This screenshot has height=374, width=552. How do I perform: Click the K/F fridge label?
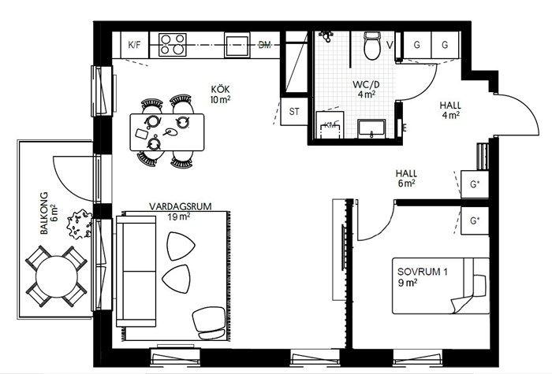(134, 45)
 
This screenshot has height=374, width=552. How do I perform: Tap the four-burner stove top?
(172, 45)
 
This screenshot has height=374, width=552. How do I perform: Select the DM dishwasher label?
(265, 45)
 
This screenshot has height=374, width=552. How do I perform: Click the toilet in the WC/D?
(372, 46)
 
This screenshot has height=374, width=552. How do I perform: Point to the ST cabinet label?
(294, 112)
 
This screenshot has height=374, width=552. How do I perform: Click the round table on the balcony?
(56, 276)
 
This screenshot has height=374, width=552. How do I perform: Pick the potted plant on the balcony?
(79, 224)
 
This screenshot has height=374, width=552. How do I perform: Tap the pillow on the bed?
(479, 285)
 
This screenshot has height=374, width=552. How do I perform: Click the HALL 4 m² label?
(450, 109)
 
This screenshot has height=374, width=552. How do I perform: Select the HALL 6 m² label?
(406, 178)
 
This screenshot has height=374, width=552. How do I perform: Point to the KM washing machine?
(330, 124)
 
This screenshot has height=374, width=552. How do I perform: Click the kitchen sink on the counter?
(237, 45)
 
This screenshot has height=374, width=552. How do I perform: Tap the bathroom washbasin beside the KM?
(371, 128)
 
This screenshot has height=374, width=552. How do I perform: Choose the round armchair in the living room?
(209, 323)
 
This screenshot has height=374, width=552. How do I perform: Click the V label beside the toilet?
(390, 45)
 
